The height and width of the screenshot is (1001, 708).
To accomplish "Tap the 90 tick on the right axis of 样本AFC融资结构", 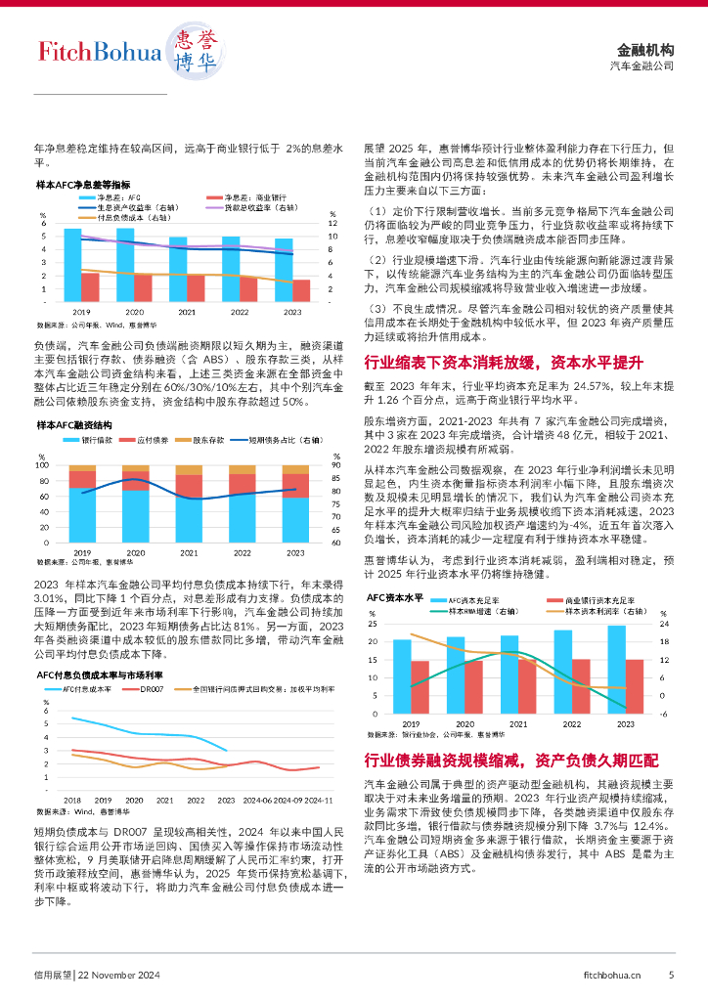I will [x=336, y=465].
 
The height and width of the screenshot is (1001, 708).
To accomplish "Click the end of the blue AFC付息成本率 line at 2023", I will [x=227, y=751].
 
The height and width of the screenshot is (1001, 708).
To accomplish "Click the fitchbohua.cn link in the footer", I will [x=611, y=974].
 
